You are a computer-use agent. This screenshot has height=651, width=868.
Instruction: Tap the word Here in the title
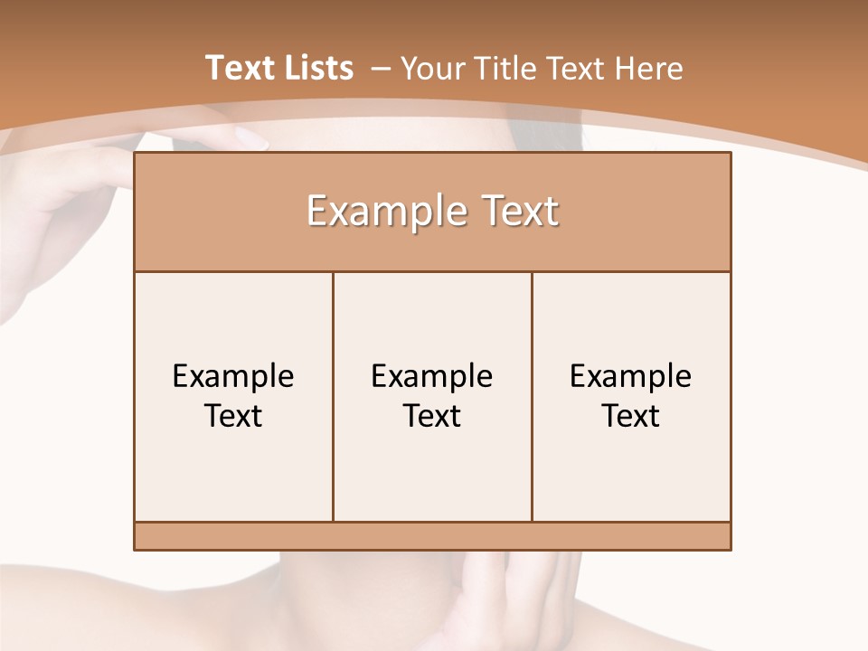[x=648, y=69]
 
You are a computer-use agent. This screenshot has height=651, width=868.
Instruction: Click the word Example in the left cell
[x=233, y=376]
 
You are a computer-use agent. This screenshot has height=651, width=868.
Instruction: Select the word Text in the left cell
[x=233, y=416]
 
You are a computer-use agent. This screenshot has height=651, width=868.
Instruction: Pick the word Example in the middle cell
[x=432, y=376]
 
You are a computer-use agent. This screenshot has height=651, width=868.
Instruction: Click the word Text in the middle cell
[x=432, y=416]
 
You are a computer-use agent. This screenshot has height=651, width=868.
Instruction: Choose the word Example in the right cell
[x=631, y=376]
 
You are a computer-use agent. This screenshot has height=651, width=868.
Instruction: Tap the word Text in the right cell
[x=631, y=416]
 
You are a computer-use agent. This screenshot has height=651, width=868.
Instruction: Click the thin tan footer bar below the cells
[x=432, y=536]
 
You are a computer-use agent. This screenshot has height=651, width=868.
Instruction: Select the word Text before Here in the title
[x=577, y=69]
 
